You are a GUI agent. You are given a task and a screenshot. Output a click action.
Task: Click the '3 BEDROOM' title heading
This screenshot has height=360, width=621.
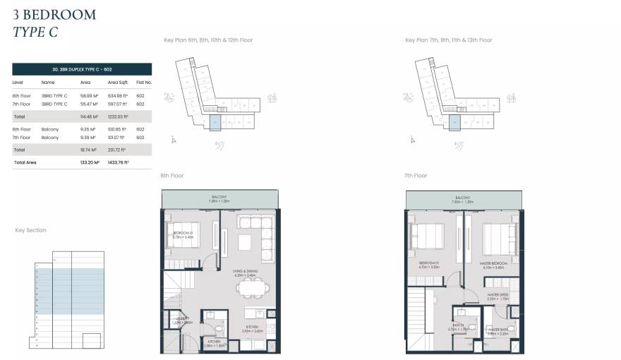[x=54, y=14]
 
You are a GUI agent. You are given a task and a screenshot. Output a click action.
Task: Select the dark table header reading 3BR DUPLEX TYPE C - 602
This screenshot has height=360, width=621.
[x=82, y=69]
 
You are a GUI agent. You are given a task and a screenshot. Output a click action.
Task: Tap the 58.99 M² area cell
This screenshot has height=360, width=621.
[x=90, y=95]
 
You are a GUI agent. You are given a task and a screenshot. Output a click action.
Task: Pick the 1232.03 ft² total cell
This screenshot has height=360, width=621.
[x=117, y=116]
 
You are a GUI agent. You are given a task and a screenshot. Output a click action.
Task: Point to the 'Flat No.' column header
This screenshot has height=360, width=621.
[x=144, y=83]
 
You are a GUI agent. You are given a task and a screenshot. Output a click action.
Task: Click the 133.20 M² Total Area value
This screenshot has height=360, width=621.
[x=90, y=162]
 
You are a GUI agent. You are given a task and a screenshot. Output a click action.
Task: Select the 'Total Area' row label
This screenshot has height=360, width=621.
[x=25, y=162]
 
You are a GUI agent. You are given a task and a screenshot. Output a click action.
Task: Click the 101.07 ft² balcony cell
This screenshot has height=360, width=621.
[x=117, y=138]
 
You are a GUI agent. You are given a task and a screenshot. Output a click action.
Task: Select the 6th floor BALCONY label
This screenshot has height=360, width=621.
[x=219, y=197]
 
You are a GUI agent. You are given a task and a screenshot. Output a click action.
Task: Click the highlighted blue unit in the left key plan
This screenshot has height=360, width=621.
[x=215, y=124]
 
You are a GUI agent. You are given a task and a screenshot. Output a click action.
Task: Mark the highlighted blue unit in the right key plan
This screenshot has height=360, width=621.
[x=456, y=124]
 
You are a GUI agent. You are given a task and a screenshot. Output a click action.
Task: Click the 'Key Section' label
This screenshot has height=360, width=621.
[x=31, y=230]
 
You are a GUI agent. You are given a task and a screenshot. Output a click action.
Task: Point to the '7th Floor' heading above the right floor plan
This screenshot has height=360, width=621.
[x=416, y=175]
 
